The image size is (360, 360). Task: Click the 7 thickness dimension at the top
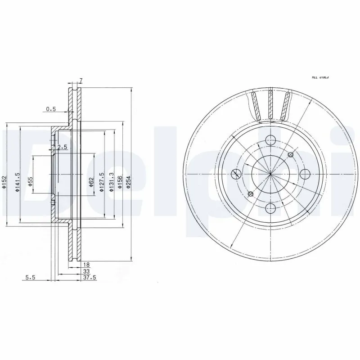pyautogui.click(x=81, y=81)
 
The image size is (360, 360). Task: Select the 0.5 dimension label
pyautogui.click(x=50, y=109)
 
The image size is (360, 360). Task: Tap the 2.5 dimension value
pyautogui.click(x=62, y=147)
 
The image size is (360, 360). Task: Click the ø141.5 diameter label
pyautogui.click(x=17, y=184)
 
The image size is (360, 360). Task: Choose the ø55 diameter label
pyautogui.click(x=30, y=182)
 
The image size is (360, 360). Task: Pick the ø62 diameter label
pyautogui.click(x=91, y=182)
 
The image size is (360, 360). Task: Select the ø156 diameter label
pyautogui.click(x=120, y=182)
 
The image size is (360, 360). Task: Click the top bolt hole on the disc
pyautogui.click(x=270, y=140)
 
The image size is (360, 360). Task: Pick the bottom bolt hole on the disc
pyautogui.click(x=270, y=207)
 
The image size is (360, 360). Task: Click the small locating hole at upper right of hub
pyautogui.click(x=290, y=154)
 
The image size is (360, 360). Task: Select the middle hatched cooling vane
pyautogui.click(x=270, y=104)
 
